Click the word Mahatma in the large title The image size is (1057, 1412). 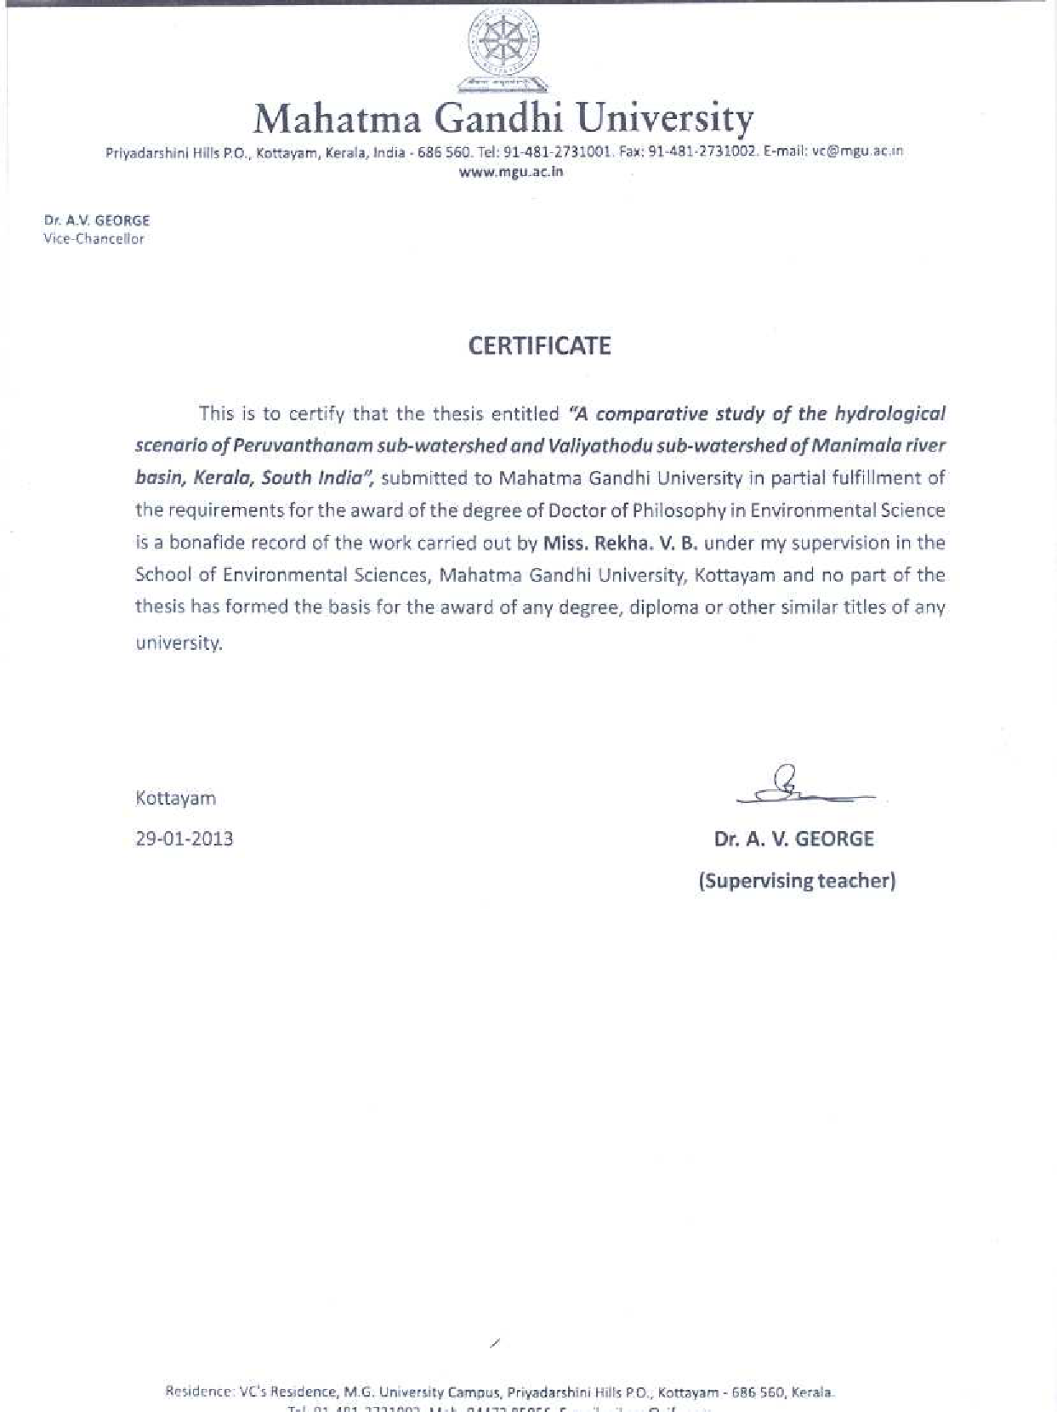[338, 118]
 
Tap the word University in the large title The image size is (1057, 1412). [664, 118]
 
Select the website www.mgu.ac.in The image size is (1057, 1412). [511, 171]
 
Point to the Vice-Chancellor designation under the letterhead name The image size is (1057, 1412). [94, 239]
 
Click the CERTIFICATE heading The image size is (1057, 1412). [540, 346]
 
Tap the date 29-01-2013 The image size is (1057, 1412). [185, 839]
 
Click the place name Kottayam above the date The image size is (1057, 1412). [176, 798]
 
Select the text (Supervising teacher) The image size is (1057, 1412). [797, 880]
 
